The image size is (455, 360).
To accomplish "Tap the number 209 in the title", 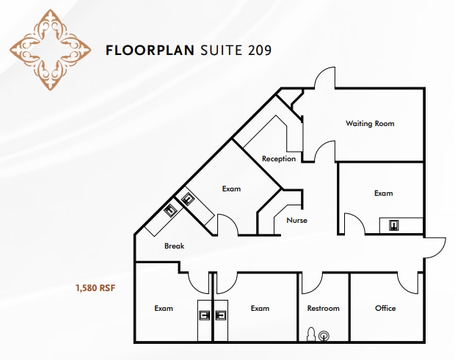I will pyautogui.click(x=259, y=51).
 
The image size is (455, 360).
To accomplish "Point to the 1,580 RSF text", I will pyautogui.click(x=94, y=288).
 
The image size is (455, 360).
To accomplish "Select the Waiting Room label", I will pyautogui.click(x=370, y=123).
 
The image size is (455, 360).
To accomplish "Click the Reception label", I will pyautogui.click(x=279, y=158).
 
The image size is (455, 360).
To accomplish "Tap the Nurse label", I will pyautogui.click(x=296, y=220).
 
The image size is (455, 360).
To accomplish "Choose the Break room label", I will pyautogui.click(x=174, y=246).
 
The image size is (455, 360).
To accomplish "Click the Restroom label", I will pyautogui.click(x=323, y=308).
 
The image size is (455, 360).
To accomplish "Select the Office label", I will pyautogui.click(x=385, y=308).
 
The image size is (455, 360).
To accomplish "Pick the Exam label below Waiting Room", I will pyautogui.click(x=383, y=194).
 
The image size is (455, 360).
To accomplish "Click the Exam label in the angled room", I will pyautogui.click(x=231, y=189).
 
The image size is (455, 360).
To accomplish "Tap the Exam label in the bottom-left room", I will pyautogui.click(x=164, y=308).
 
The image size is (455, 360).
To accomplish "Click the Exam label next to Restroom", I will pyautogui.click(x=261, y=308).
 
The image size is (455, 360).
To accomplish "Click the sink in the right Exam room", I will pyautogui.click(x=393, y=225).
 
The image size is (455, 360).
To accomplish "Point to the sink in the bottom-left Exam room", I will pyautogui.click(x=205, y=315).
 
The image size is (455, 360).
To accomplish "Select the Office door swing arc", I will pyautogui.click(x=360, y=282).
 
